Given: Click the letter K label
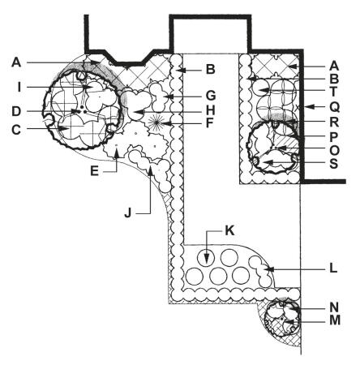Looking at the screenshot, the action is (229, 231).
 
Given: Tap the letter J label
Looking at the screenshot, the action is (128, 213).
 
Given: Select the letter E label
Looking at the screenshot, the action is (94, 171).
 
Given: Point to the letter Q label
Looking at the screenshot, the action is (334, 107).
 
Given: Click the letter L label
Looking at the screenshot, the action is (333, 268).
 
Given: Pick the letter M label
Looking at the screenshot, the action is (335, 320).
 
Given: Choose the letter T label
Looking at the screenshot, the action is (333, 92).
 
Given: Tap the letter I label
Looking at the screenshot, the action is (19, 88).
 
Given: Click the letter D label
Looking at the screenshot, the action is (16, 111).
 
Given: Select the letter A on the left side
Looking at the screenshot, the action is (16, 63).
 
